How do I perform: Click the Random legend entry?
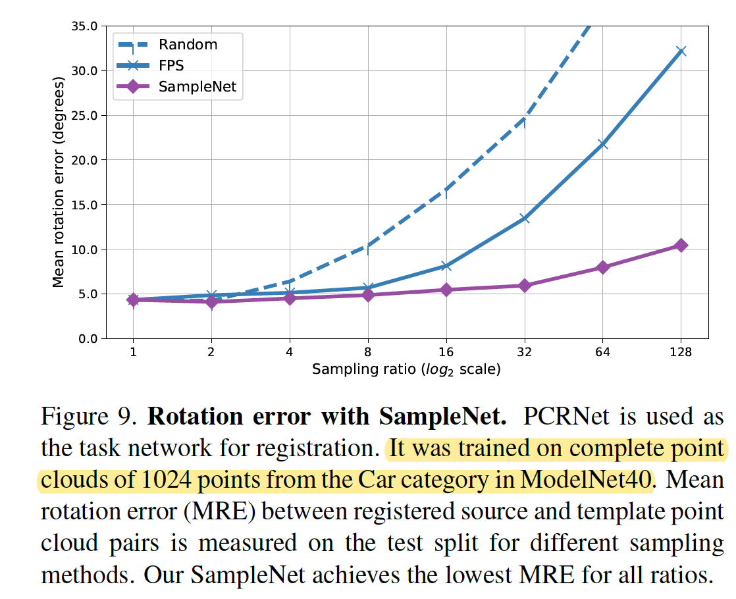pyautogui.click(x=188, y=45)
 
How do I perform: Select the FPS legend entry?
pyautogui.click(x=171, y=65)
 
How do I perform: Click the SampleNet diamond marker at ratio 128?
pyautogui.click(x=681, y=246)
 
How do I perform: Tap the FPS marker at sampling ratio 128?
pyautogui.click(x=681, y=51)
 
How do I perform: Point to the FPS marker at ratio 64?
pyautogui.click(x=602, y=144)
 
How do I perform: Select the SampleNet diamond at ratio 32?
pyautogui.click(x=524, y=286)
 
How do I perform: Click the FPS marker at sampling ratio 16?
pyautogui.click(x=446, y=266)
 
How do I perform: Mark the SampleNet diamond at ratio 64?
pyautogui.click(x=602, y=267)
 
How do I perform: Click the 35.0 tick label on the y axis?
pyautogui.click(x=84, y=26)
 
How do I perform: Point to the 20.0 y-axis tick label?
pyautogui.click(x=84, y=160)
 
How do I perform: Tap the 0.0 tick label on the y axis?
pyautogui.click(x=88, y=338)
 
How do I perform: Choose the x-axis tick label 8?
pyautogui.click(x=368, y=352)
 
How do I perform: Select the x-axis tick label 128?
pyautogui.click(x=681, y=352)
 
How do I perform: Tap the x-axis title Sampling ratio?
pyautogui.click(x=406, y=369)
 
